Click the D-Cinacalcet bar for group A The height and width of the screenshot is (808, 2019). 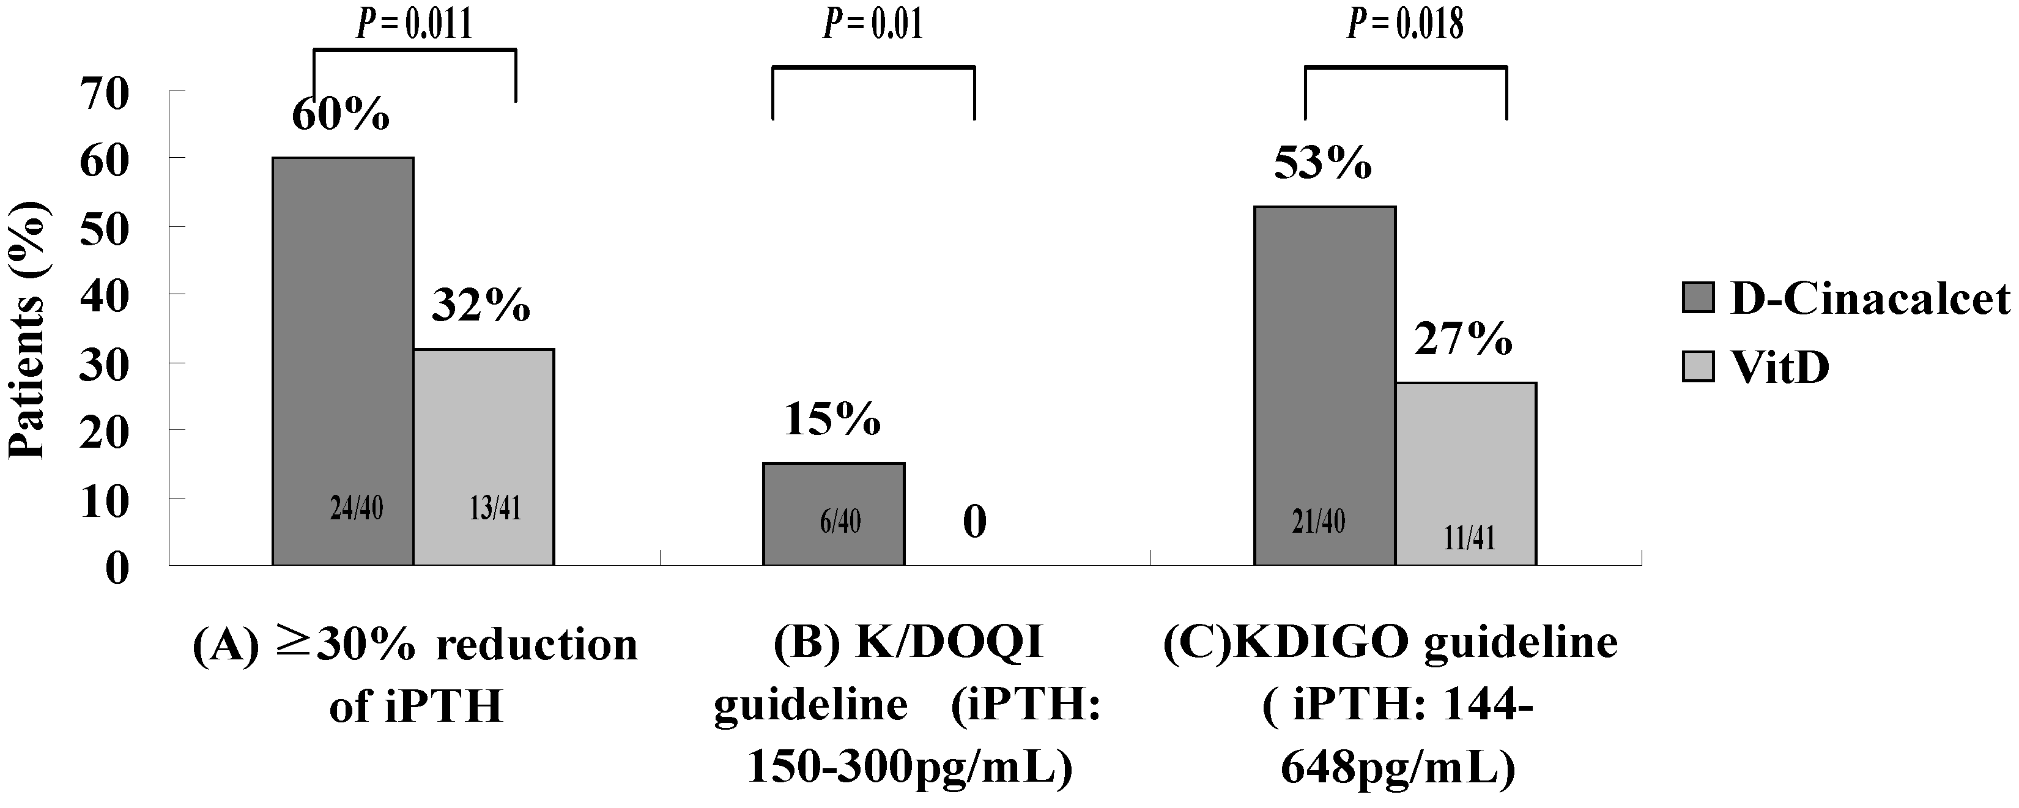(343, 360)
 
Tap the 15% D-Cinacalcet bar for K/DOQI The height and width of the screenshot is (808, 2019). (833, 513)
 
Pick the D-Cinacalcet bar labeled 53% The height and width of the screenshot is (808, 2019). (1325, 384)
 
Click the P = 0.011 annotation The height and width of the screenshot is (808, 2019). (415, 24)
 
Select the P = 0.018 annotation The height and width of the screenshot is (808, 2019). (1406, 24)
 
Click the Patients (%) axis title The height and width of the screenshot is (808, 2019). (28, 329)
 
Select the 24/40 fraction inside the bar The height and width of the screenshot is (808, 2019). (357, 510)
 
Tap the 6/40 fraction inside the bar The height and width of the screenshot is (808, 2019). (840, 521)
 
